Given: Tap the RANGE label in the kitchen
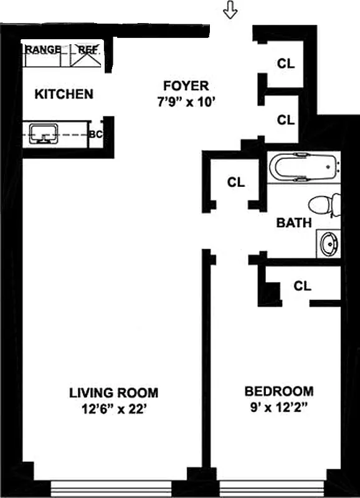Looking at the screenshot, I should pos(44,49).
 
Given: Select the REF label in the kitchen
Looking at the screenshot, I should pos(88,49).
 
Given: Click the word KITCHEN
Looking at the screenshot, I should pos(64,95).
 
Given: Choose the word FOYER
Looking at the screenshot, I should pos(186,86).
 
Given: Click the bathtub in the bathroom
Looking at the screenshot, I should pos(305,166).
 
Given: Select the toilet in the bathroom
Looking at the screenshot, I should pos(324,205).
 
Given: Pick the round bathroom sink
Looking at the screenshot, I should pos(328,243).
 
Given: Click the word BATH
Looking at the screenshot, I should pos(294,223).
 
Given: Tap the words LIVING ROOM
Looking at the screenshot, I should pos(113,393).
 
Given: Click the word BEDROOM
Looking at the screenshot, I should pos(278,392).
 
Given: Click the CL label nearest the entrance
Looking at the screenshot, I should pos(286,63).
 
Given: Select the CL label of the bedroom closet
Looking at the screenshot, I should pos(303,286).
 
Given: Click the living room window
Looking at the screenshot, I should pos(118,487).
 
